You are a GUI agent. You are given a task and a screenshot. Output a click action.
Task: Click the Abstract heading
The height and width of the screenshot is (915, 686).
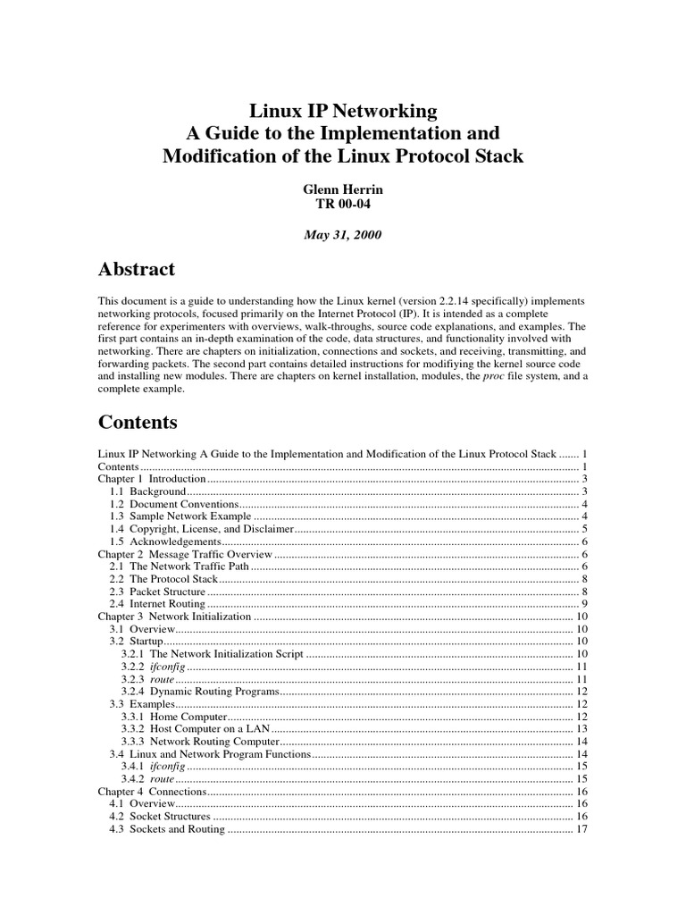pos(136,269)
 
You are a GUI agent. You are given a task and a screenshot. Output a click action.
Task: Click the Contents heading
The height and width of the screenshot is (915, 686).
pos(138,422)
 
